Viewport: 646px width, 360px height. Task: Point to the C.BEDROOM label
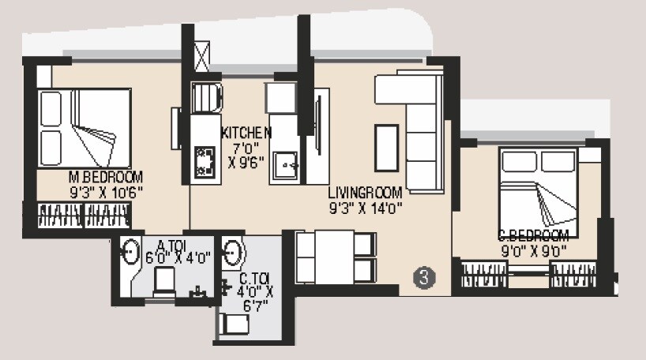point(533,235)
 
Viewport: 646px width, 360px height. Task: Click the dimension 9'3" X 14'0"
point(366,209)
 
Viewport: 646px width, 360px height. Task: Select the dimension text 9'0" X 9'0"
point(534,253)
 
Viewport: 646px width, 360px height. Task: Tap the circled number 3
point(425,277)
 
